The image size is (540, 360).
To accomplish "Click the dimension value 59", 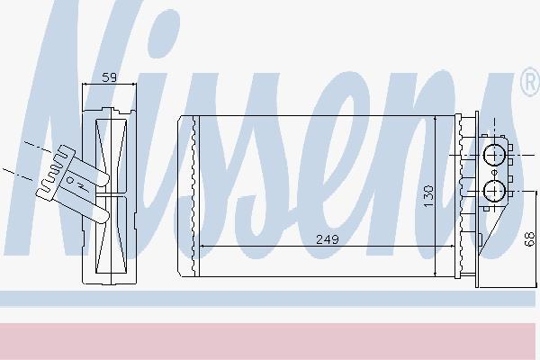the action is click(x=110, y=77).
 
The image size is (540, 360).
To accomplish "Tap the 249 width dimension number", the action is click(x=328, y=239).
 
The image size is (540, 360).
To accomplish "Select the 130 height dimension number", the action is click(x=428, y=196).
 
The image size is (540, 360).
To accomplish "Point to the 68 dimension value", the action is click(x=530, y=239).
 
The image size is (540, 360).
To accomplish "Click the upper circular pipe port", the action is click(x=494, y=156).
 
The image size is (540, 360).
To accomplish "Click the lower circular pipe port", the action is click(x=494, y=191).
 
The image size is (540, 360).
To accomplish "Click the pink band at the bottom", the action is click(x=268, y=341).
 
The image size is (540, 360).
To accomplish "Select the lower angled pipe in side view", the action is click(x=89, y=206).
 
